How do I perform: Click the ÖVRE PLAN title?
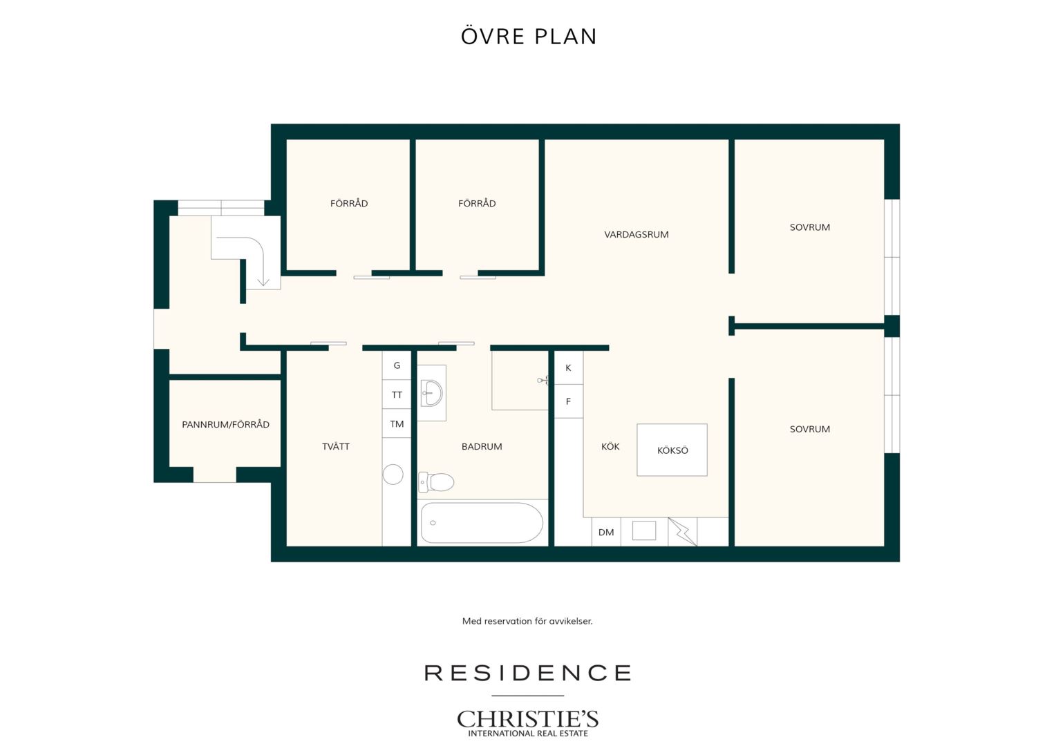tap(529, 37)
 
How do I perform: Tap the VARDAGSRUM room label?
tap(636, 234)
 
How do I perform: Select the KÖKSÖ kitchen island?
tap(672, 450)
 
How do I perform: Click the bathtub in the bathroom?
tap(482, 523)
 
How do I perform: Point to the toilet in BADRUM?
tap(436, 481)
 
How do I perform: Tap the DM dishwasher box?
tap(606, 532)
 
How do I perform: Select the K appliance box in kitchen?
tap(569, 367)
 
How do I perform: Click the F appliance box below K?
tap(569, 401)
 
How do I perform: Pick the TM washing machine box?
tap(397, 423)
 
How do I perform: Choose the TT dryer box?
tap(397, 394)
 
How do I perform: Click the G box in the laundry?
tap(397, 365)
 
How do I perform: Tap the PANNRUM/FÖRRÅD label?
tap(225, 425)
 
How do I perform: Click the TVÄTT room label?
tap(336, 446)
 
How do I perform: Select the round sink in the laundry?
tap(393, 474)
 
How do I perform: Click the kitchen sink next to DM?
tap(644, 530)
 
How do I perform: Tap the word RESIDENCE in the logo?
tap(527, 673)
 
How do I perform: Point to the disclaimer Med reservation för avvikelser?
tap(527, 621)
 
